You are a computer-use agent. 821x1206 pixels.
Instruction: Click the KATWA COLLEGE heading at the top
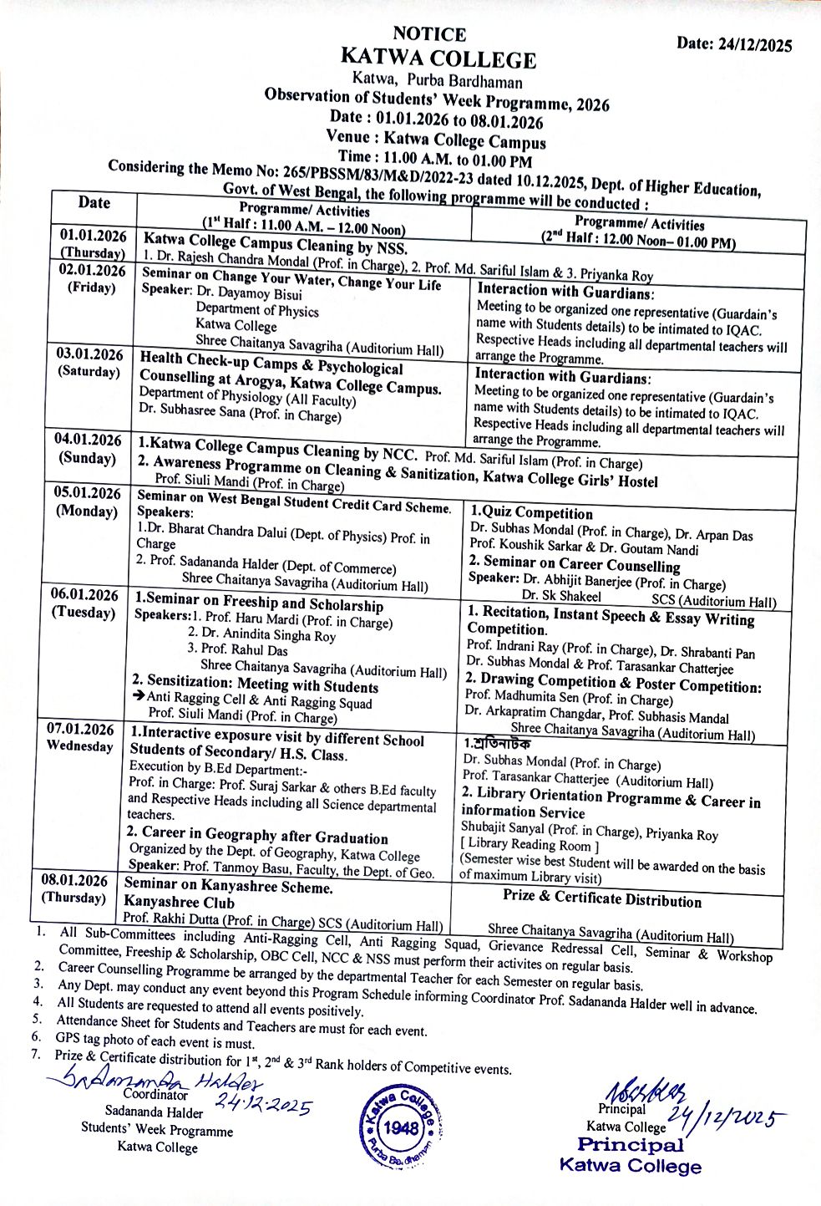(x=438, y=59)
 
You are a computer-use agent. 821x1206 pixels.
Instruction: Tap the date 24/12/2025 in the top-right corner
(x=734, y=45)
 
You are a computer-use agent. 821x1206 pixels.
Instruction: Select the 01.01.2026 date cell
(x=93, y=235)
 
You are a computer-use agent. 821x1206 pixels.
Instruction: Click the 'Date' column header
(x=94, y=202)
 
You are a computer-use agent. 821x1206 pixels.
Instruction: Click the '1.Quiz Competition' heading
(x=531, y=513)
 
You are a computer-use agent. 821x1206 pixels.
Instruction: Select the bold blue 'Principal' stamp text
(x=631, y=1145)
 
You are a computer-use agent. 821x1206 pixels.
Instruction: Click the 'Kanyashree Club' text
(x=179, y=902)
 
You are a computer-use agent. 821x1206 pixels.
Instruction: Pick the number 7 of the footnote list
(x=36, y=1055)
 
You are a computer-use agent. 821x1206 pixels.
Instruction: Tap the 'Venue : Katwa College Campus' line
(x=436, y=138)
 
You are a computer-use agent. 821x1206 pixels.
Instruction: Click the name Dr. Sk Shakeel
(x=561, y=596)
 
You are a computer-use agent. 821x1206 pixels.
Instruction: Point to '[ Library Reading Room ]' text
(x=530, y=844)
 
